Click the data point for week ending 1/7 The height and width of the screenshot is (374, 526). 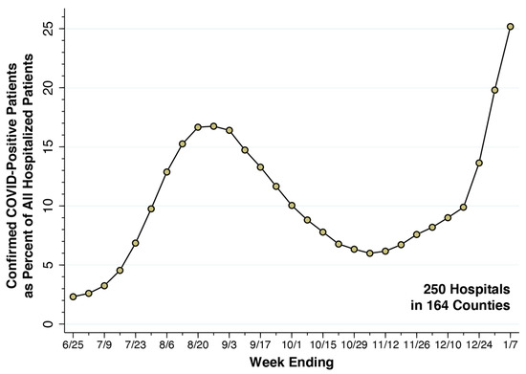pos(510,27)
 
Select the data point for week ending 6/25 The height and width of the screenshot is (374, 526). pos(73,297)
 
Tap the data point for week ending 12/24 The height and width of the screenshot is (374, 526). pos(479,163)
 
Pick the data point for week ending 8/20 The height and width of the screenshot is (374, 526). pos(198,127)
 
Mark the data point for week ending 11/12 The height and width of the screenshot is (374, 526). pos(385,252)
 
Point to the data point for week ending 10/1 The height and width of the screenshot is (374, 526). pos(292,206)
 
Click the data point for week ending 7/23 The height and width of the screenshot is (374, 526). pos(136,243)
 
